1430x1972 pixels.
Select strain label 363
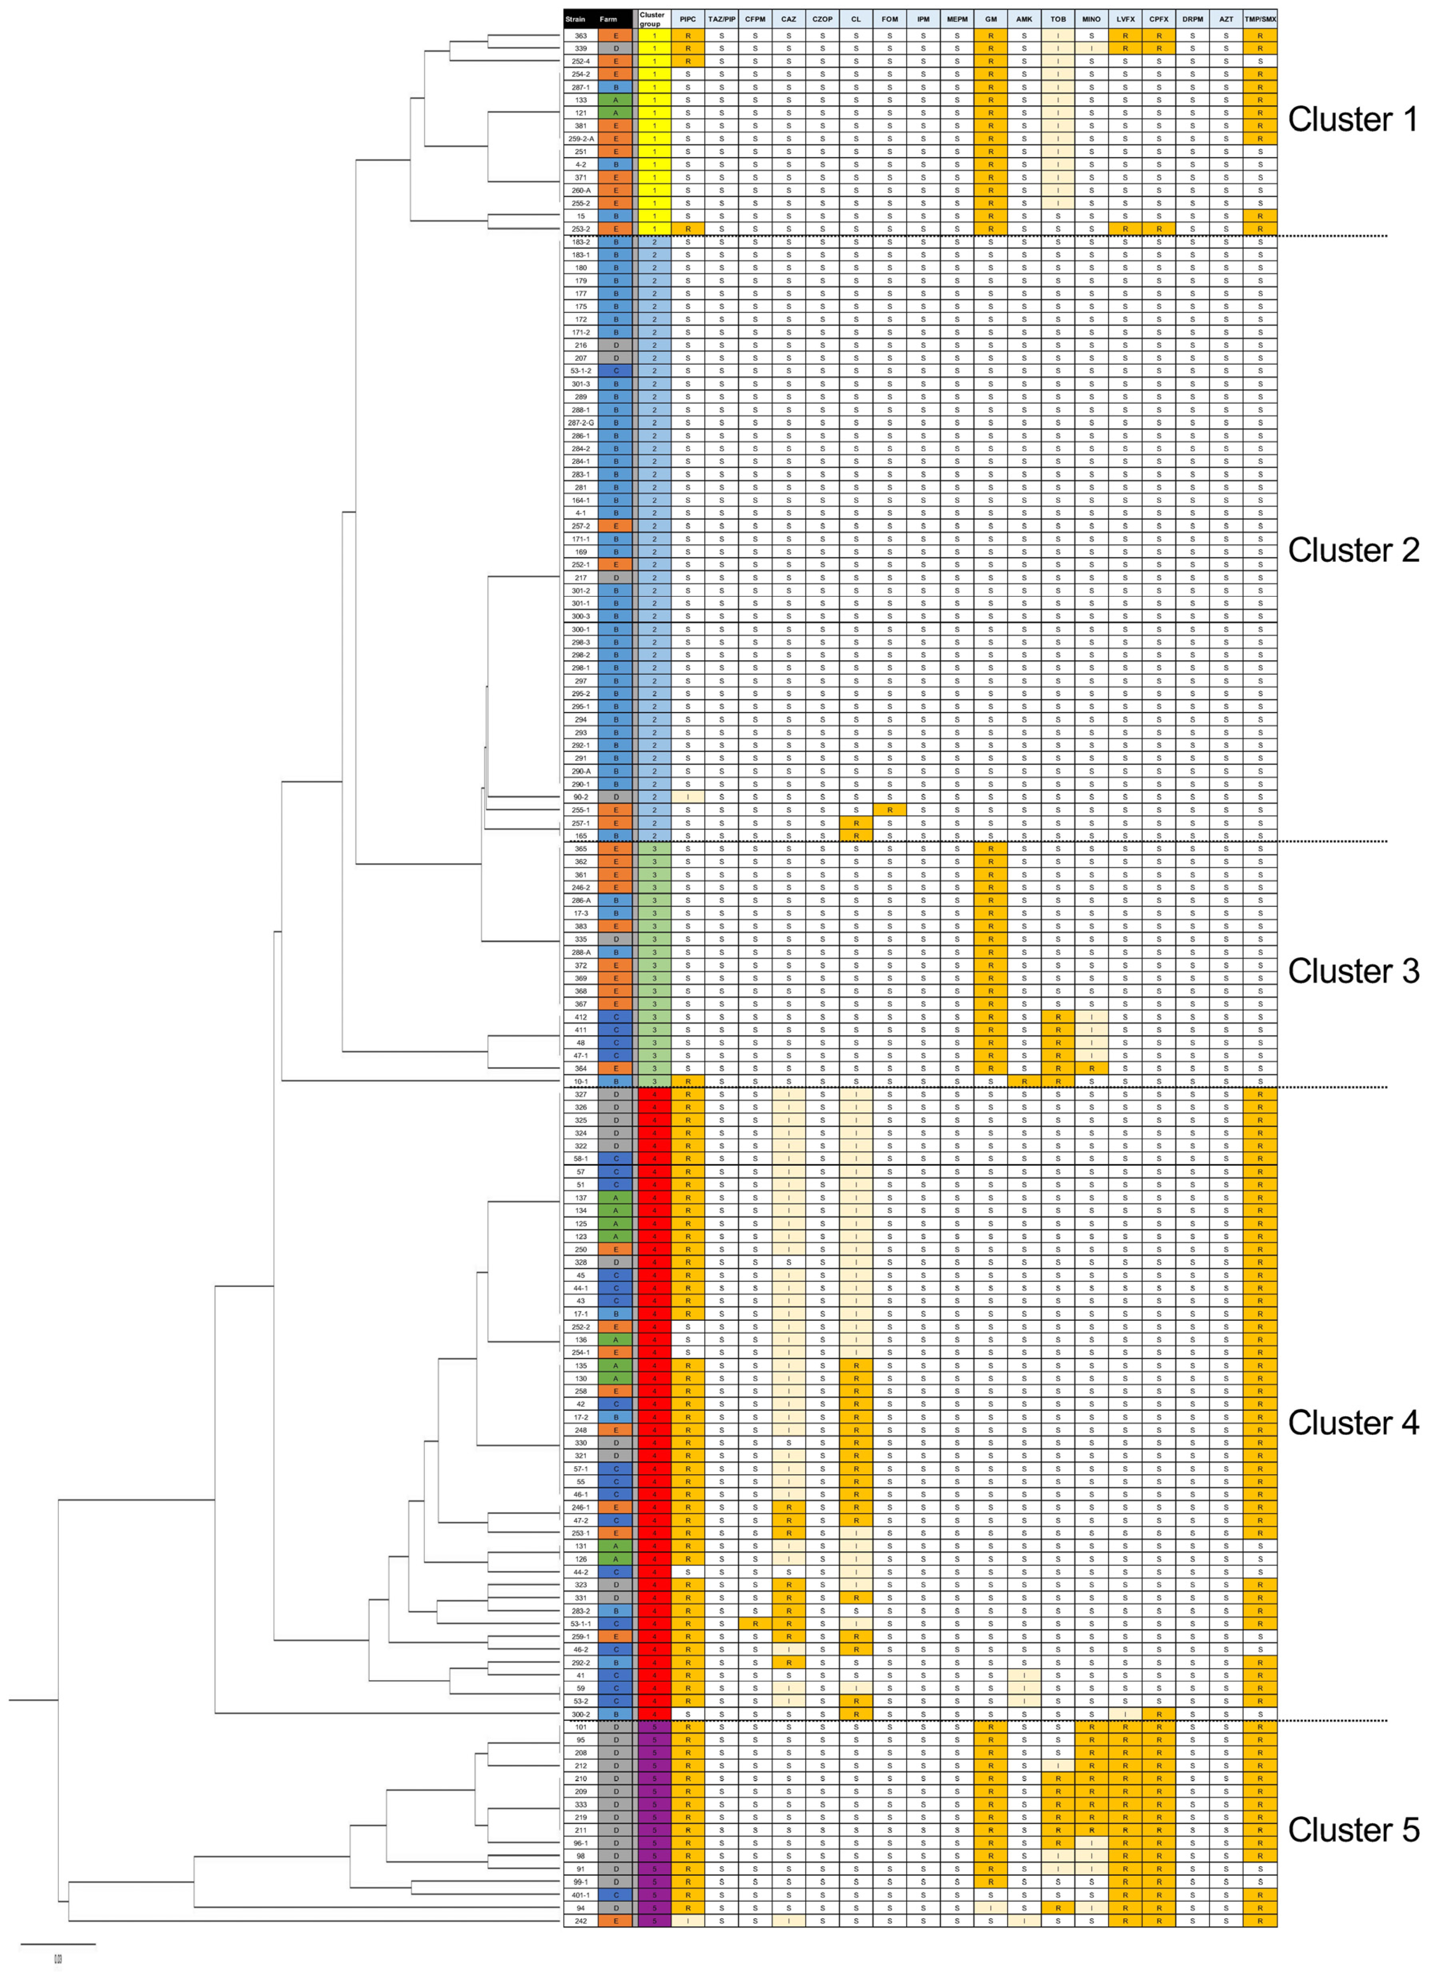click(581, 36)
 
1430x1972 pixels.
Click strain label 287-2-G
click(581, 422)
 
